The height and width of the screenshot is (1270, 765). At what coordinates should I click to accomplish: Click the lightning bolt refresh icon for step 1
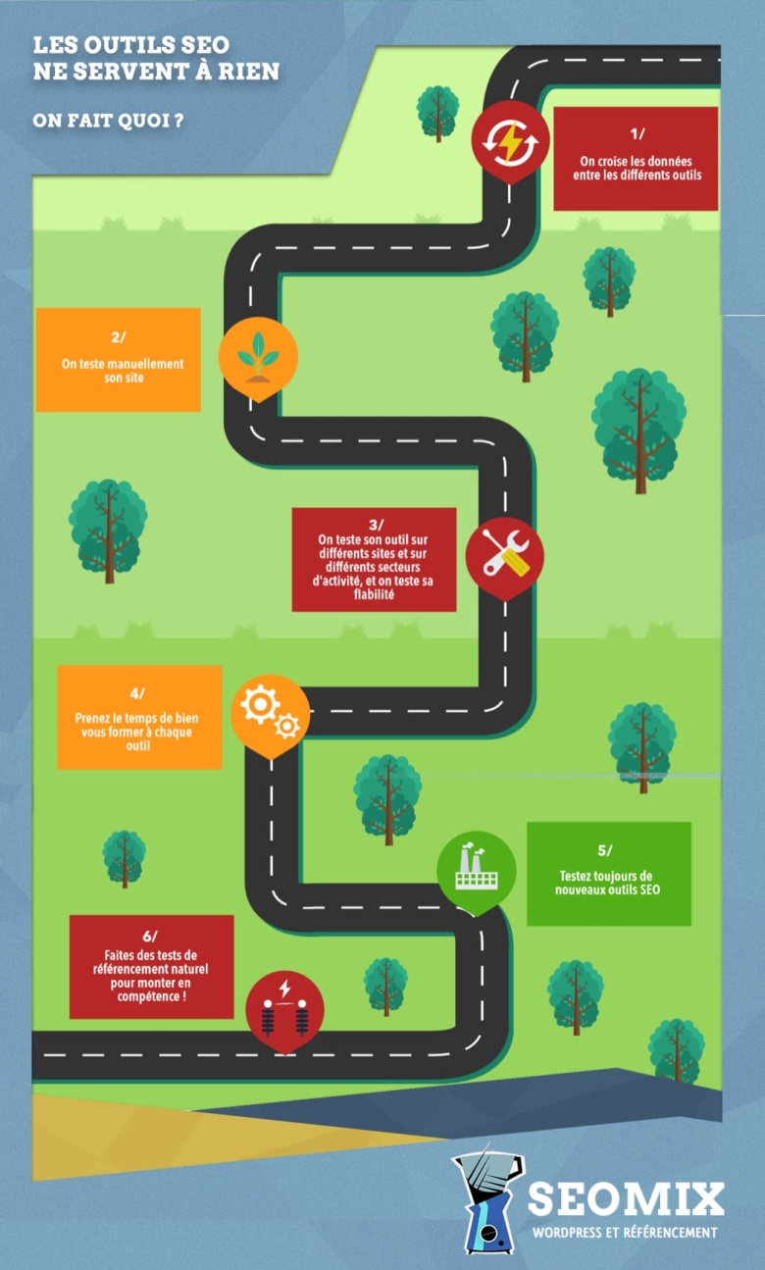click(510, 141)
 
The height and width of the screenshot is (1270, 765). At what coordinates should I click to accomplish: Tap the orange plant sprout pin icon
click(259, 357)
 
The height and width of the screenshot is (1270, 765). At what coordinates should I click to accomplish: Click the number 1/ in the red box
click(637, 133)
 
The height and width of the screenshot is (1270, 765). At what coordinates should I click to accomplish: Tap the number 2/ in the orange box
click(118, 337)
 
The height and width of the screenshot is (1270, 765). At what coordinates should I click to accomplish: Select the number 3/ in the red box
click(376, 525)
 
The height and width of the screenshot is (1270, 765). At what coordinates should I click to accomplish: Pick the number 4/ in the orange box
click(137, 694)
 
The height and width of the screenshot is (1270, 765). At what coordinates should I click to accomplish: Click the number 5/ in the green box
click(605, 850)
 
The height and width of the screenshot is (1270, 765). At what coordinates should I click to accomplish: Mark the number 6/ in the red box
click(150, 936)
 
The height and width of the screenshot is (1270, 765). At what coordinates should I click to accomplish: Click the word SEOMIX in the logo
click(626, 1198)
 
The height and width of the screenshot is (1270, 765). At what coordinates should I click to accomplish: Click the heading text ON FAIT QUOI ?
click(108, 121)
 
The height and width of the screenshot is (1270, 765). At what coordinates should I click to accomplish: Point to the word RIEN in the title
click(249, 72)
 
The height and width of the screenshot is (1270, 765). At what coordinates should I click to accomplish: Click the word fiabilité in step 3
click(374, 594)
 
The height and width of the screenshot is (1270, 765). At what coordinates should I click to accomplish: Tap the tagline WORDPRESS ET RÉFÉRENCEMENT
click(625, 1232)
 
